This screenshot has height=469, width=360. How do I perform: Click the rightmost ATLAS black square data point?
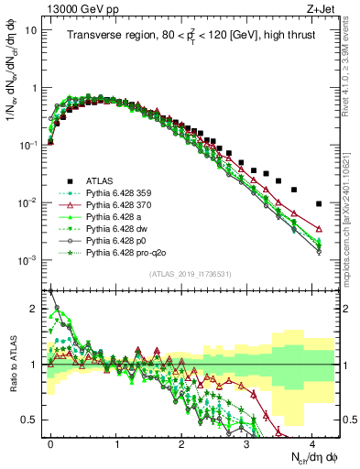click(319, 203)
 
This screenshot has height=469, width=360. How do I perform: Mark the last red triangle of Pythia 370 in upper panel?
click(319, 229)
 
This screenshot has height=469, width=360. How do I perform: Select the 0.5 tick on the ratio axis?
click(32, 420)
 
